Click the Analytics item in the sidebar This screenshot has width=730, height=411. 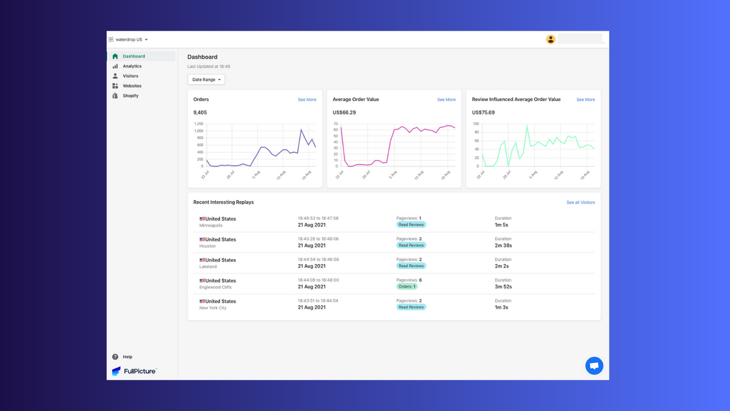coord(132,66)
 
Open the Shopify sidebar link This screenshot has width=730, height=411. coord(130,96)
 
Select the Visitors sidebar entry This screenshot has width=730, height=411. coord(130,76)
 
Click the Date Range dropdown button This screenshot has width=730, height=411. coord(206,80)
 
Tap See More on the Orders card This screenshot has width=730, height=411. coord(307,100)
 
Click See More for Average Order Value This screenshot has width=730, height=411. coord(446,100)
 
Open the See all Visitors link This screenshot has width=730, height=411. coord(580,203)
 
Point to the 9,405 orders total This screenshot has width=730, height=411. coord(200,112)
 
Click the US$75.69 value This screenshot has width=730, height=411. coord(483,112)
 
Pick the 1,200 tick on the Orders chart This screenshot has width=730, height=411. coord(198,124)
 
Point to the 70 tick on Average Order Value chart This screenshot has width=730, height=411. coord(335,124)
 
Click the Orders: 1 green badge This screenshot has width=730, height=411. coord(407,287)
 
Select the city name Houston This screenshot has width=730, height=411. coord(208,246)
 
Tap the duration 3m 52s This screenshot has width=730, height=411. coord(503,287)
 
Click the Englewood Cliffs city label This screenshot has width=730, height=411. coord(215,287)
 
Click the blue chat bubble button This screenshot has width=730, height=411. coord(594,366)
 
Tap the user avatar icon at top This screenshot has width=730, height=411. coord(550,39)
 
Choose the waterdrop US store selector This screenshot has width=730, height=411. coord(129,40)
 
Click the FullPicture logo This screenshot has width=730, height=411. coord(134,371)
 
